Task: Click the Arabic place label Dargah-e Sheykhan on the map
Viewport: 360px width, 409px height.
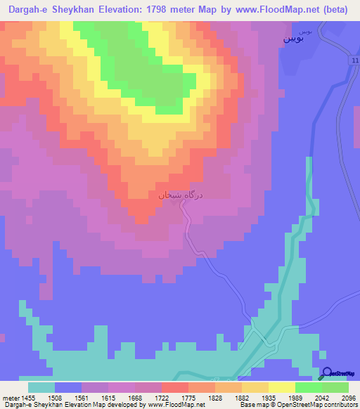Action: tap(172, 194)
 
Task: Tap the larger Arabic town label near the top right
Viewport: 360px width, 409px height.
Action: tap(294, 39)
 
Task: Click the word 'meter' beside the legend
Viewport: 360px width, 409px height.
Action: tap(10, 397)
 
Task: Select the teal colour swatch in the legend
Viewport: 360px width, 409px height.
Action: tap(41, 387)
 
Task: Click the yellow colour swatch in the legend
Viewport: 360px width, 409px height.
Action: tap(281, 387)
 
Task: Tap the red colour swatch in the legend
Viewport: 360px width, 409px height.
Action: tap(174, 387)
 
